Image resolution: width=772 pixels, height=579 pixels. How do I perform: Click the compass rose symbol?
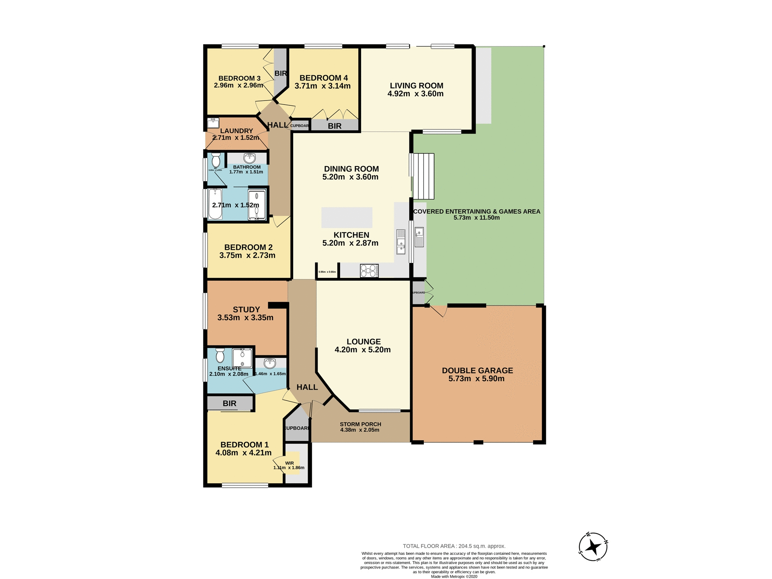pyautogui.click(x=593, y=547)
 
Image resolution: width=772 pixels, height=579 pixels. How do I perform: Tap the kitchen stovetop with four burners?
pyautogui.click(x=369, y=271)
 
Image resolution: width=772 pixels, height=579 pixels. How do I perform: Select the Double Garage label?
pyautogui.click(x=477, y=371)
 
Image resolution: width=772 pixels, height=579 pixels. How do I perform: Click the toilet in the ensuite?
pyautogui.click(x=220, y=356)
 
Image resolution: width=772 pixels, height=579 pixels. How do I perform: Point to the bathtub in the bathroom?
pyautogui.click(x=215, y=204)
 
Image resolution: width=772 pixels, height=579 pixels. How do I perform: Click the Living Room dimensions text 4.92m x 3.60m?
pyautogui.click(x=415, y=94)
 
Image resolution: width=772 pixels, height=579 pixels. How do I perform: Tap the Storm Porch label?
pyautogui.click(x=360, y=424)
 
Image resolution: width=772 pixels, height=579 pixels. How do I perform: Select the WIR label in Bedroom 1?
pyautogui.click(x=289, y=463)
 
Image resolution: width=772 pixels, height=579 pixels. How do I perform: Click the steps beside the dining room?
pyautogui.click(x=423, y=176)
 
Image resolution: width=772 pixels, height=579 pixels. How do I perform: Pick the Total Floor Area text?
pyautogui.click(x=454, y=546)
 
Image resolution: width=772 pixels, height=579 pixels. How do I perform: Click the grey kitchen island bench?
pyautogui.click(x=347, y=218)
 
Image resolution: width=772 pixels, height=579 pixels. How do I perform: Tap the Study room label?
pyautogui.click(x=246, y=310)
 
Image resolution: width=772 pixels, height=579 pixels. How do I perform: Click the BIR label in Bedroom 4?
pyautogui.click(x=335, y=126)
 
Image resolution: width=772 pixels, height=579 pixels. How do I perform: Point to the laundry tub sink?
pyautogui.click(x=213, y=122)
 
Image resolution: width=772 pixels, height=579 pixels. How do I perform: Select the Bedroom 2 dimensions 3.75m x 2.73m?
pyautogui.click(x=247, y=255)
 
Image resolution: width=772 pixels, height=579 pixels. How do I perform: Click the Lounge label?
pyautogui.click(x=363, y=342)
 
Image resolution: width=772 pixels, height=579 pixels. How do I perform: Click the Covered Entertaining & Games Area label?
pyautogui.click(x=476, y=211)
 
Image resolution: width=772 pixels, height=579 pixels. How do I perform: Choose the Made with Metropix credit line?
pyautogui.click(x=454, y=577)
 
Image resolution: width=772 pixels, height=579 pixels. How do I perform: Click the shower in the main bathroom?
pyautogui.click(x=257, y=205)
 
